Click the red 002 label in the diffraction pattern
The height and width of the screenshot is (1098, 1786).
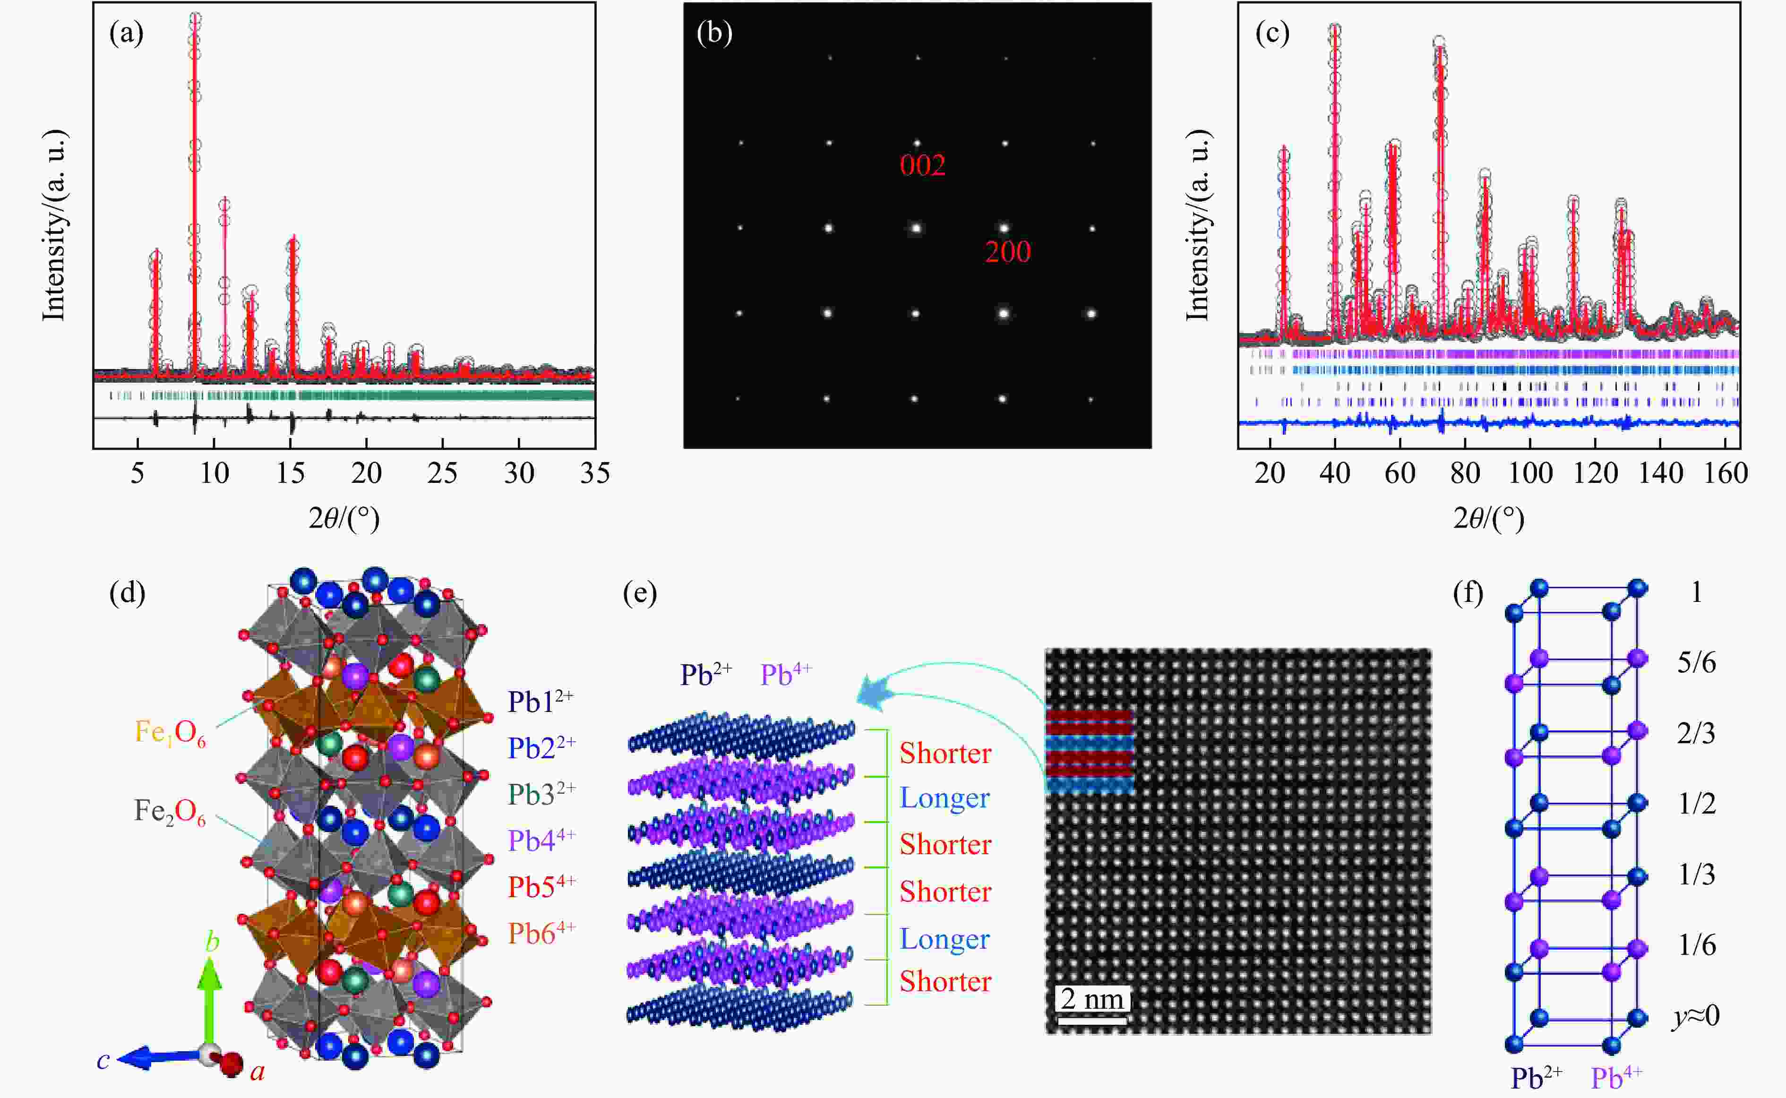click(922, 165)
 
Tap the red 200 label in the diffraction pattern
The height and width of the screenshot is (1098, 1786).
click(1008, 252)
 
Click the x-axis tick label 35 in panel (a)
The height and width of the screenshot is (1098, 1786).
click(594, 473)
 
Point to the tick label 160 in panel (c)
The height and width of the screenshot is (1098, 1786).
click(1725, 473)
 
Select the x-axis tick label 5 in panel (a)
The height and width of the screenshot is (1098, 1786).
click(137, 473)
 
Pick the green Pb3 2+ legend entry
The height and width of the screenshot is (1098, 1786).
click(541, 795)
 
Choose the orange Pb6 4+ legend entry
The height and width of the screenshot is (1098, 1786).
click(541, 933)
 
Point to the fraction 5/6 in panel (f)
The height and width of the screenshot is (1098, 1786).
click(1696, 663)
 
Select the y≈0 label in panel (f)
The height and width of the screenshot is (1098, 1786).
click(1696, 1015)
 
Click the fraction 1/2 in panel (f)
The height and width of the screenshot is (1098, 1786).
click(1696, 804)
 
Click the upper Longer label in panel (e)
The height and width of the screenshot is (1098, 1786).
click(944, 798)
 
